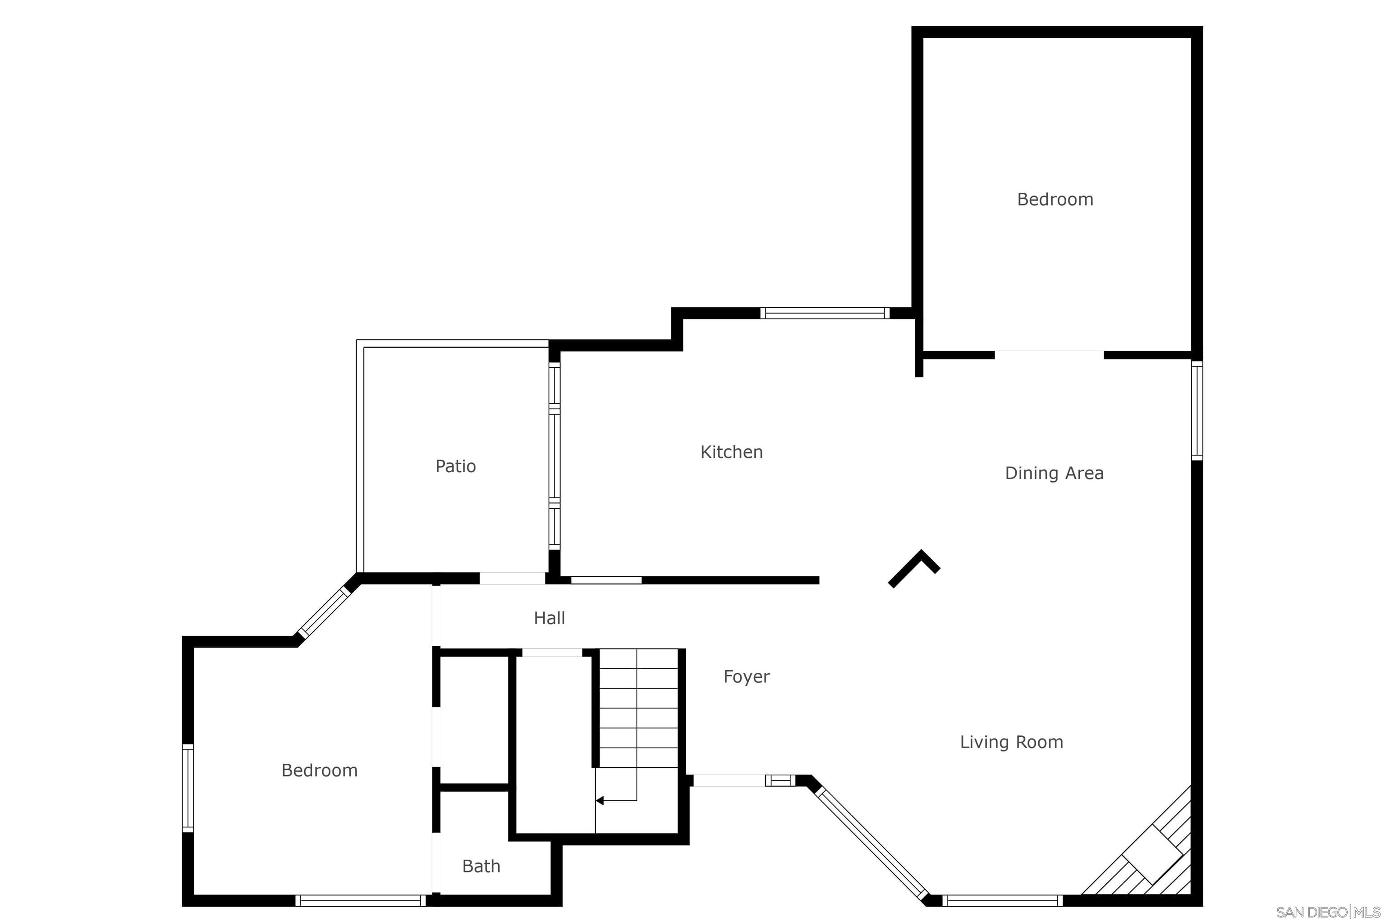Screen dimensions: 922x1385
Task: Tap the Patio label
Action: (x=455, y=466)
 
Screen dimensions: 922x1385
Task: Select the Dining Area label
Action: (x=1054, y=473)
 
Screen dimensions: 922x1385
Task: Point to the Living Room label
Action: (x=1011, y=742)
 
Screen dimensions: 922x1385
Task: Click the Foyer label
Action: (x=746, y=677)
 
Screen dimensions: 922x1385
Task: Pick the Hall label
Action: (x=549, y=618)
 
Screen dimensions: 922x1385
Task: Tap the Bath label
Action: (x=481, y=866)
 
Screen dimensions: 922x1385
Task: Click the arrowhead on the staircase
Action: (x=599, y=800)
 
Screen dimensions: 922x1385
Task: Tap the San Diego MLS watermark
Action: (x=1328, y=912)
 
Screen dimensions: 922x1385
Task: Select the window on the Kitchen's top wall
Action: (x=825, y=313)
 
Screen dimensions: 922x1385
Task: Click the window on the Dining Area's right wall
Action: (x=1197, y=411)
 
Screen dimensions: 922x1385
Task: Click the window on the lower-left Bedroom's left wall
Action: (x=188, y=788)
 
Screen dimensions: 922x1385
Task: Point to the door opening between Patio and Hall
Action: (x=512, y=579)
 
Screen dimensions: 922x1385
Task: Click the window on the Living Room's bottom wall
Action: (x=1002, y=900)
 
